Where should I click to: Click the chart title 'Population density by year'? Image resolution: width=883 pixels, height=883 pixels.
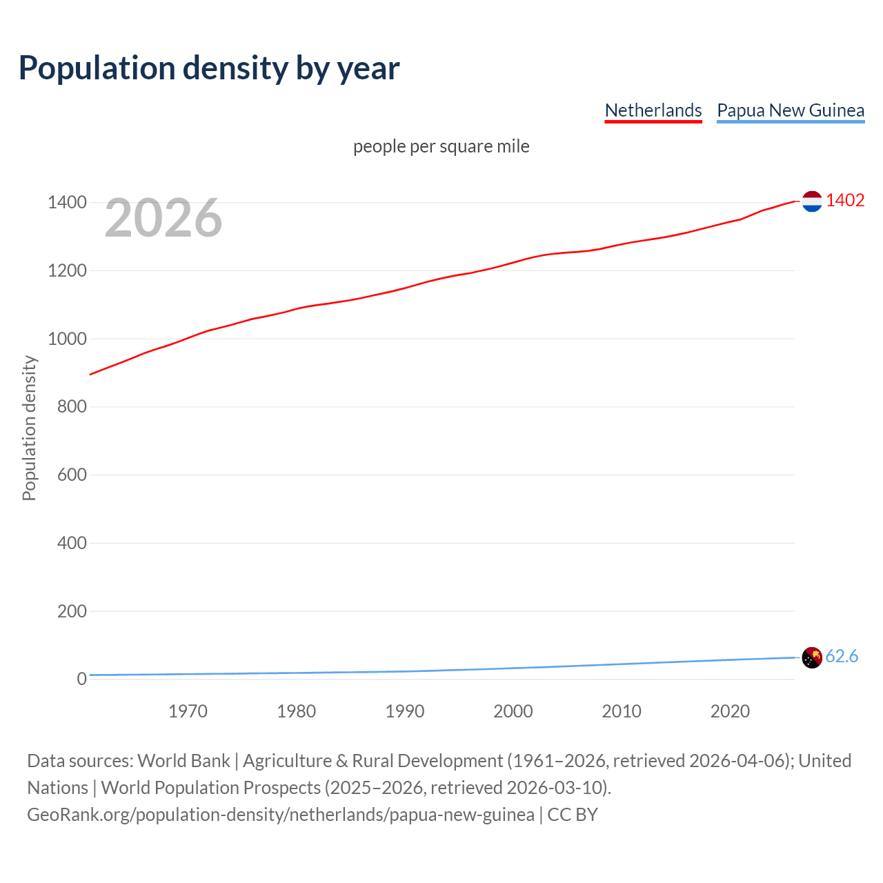209,68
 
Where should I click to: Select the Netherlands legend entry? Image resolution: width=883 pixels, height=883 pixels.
653,110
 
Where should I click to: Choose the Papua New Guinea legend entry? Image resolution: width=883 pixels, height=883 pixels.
791,110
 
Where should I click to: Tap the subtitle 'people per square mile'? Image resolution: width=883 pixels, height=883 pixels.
441,146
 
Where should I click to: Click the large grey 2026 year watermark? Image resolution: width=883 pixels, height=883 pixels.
163,218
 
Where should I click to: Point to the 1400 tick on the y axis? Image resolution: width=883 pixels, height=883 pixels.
67,202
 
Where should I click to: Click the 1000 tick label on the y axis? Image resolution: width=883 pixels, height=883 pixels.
67,339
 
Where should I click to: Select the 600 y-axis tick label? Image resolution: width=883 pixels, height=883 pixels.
72,475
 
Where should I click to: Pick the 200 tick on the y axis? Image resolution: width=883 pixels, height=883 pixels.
72,611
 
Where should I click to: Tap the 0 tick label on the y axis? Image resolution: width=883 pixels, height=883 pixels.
81,679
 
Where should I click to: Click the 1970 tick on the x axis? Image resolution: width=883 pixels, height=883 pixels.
188,711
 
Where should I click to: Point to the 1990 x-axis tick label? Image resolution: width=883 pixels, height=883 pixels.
405,711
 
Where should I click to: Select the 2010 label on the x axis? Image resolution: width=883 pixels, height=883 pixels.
622,711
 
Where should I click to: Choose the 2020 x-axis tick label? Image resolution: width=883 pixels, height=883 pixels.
730,711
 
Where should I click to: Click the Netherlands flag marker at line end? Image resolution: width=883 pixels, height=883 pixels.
812,201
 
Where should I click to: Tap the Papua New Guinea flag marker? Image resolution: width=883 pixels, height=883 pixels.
812,657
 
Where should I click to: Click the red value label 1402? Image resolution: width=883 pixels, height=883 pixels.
845,200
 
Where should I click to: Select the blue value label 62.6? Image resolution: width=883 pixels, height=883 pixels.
842,656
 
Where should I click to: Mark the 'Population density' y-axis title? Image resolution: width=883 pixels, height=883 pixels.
29,428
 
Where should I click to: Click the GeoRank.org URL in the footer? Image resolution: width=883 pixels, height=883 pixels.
280,815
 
